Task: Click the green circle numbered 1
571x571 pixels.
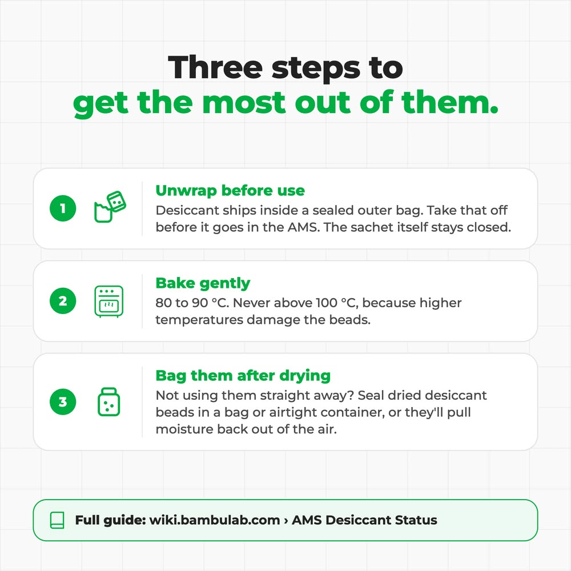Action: pos(63,208)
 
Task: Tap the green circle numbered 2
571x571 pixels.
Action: pos(63,301)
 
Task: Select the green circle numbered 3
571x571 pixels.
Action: pos(63,401)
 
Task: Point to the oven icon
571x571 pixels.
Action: pos(109,301)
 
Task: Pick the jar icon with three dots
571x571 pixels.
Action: pos(109,401)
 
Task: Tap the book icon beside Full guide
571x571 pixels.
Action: pos(57,520)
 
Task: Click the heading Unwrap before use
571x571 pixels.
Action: pos(230,191)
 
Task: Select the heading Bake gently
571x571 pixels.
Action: pos(203,283)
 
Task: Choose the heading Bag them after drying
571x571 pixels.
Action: pos(243,376)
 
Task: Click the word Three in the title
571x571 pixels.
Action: pos(215,67)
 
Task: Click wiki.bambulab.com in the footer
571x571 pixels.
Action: pos(215,520)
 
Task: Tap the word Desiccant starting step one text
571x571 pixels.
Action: pos(187,210)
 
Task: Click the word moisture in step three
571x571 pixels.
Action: pos(184,429)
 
